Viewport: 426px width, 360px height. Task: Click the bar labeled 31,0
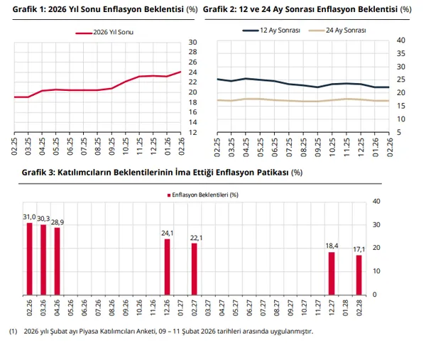[30, 258]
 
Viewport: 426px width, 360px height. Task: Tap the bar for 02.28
[359, 274]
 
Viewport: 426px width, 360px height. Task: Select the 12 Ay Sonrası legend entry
[272, 31]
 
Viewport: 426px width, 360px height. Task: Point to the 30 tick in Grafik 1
[192, 43]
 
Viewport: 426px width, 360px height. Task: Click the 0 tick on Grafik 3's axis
[376, 294]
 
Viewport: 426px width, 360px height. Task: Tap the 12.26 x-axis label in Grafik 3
[168, 308]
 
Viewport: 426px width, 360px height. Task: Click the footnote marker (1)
[12, 332]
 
